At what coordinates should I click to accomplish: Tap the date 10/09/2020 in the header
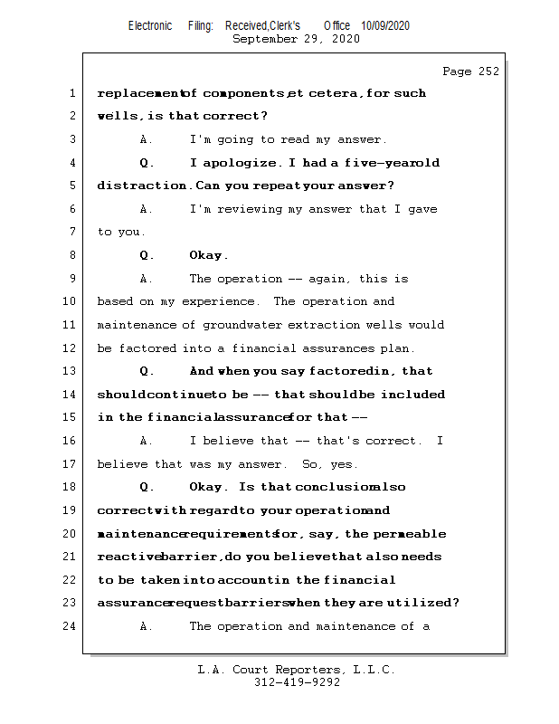384,26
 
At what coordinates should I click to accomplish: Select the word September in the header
267,39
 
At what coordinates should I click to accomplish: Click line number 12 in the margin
71,348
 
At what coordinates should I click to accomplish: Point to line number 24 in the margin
71,626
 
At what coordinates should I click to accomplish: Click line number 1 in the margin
72,93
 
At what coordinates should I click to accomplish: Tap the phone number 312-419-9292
297,682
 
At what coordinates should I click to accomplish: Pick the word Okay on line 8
208,256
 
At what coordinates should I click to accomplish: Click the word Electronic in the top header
150,26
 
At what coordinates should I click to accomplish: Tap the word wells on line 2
117,117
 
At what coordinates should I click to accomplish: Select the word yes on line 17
345,464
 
